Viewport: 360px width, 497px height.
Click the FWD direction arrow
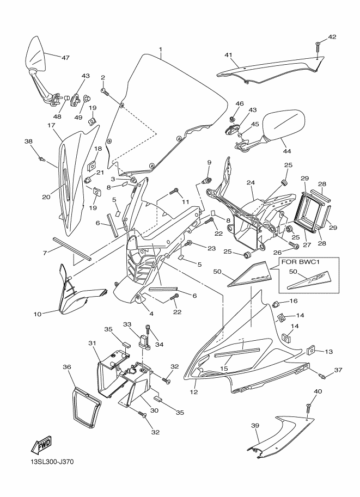[41, 445]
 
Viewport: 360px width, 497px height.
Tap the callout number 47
[65, 58]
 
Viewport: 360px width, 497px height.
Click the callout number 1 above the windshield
[161, 50]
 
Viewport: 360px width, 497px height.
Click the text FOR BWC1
[297, 263]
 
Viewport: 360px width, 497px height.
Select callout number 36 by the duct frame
[66, 367]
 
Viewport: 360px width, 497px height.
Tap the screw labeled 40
[308, 408]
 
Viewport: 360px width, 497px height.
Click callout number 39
[255, 426]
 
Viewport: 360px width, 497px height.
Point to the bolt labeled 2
[105, 91]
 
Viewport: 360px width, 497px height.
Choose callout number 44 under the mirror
[286, 151]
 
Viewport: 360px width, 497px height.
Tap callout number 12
[194, 392]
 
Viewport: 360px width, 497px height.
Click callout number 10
[38, 314]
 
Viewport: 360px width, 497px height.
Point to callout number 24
[251, 183]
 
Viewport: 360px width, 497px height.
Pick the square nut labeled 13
[310, 350]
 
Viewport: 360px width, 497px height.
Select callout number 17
[51, 125]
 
